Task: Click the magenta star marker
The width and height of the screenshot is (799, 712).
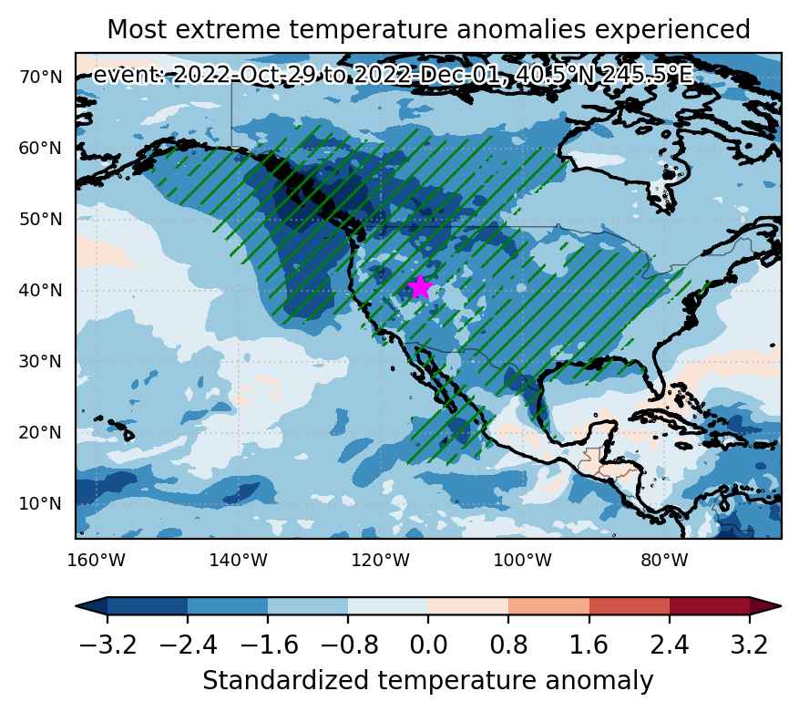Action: [x=420, y=287]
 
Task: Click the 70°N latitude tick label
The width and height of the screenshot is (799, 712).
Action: [x=40, y=77]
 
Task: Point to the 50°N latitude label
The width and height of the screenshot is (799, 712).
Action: [x=40, y=220]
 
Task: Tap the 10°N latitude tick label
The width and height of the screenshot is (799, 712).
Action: [x=40, y=504]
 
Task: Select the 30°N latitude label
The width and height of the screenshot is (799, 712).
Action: [x=40, y=362]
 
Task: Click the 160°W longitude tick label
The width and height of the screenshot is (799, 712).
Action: [x=97, y=561]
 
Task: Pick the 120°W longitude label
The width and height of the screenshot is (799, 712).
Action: [x=381, y=561]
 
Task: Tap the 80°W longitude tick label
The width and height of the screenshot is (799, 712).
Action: [x=665, y=561]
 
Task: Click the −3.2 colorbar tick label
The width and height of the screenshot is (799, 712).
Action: [x=108, y=645]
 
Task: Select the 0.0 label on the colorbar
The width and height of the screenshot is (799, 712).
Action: [x=428, y=645]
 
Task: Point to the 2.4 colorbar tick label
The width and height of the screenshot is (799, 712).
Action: [x=669, y=645]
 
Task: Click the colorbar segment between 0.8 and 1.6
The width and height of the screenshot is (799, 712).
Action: [x=548, y=606]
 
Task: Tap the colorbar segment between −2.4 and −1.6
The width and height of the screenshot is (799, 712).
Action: [x=228, y=606]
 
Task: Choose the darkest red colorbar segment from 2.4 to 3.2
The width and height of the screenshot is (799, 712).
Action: [x=710, y=606]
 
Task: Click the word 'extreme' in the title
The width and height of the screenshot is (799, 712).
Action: [x=227, y=29]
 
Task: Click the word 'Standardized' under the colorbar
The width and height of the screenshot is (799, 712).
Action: [x=286, y=681]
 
